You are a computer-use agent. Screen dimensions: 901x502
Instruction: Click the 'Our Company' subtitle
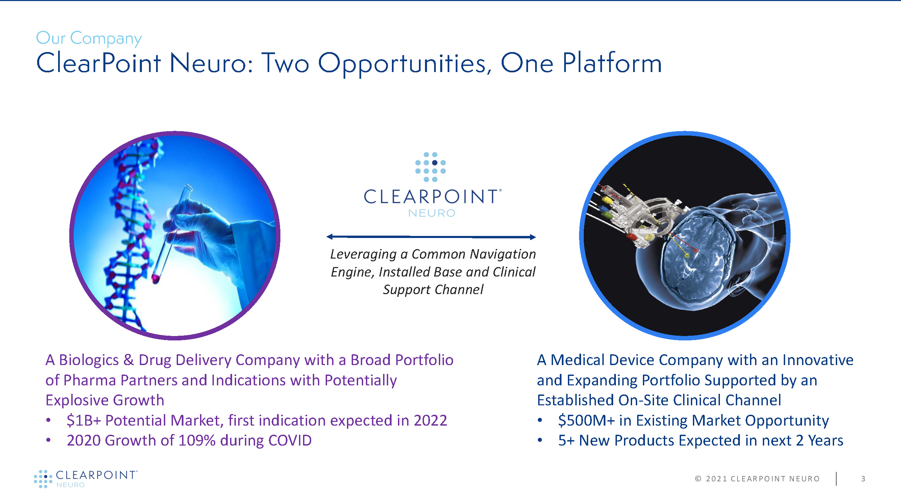pyautogui.click(x=89, y=38)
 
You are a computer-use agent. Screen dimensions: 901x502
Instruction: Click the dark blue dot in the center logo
pyautogui.click(x=435, y=163)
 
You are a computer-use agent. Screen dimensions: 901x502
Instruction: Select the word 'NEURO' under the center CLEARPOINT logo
pyautogui.click(x=432, y=213)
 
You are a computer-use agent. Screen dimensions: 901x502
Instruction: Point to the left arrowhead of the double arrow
pyautogui.click(x=329, y=237)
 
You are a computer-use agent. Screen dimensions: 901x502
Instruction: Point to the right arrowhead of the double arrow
pyautogui.click(x=533, y=237)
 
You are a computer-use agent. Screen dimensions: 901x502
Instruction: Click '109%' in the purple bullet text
pyautogui.click(x=197, y=440)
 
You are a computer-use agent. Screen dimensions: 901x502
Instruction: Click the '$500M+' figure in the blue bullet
pyautogui.click(x=586, y=420)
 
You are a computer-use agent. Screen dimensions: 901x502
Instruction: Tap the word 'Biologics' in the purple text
pyautogui.click(x=89, y=361)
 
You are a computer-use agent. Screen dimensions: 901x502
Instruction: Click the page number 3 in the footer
pyautogui.click(x=863, y=479)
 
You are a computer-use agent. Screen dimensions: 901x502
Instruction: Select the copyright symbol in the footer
pyautogui.click(x=698, y=479)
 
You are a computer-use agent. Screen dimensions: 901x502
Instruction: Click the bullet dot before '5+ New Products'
pyautogui.click(x=540, y=440)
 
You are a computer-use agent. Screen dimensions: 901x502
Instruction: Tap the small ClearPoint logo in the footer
pyautogui.click(x=86, y=479)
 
